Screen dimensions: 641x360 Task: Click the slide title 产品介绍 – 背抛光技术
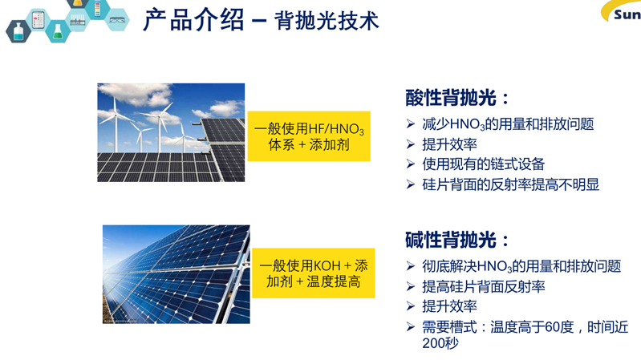(261, 20)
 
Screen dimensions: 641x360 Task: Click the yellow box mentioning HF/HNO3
(309, 136)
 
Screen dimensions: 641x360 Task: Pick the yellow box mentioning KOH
(314, 273)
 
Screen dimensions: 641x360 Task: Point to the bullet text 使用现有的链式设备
(484, 164)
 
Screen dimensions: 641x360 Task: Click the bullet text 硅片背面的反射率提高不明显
(510, 184)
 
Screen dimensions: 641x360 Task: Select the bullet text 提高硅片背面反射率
(484, 286)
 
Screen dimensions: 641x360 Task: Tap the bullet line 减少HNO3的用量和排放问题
(508, 124)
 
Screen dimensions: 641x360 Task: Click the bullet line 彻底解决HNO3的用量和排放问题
(521, 266)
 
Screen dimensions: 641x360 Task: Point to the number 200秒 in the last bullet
(440, 343)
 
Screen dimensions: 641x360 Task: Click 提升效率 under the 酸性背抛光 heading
(450, 144)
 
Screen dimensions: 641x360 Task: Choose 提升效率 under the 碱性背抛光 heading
(450, 306)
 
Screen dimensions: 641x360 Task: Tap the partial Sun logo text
(627, 15)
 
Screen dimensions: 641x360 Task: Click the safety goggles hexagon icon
(117, 19)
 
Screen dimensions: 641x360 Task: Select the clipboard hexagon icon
(38, 19)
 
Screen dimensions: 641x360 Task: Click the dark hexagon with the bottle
(18, 31)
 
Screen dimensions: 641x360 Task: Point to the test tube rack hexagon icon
(77, 19)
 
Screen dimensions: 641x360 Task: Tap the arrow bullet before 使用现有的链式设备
(411, 164)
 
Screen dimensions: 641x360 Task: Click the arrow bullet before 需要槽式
(411, 327)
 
